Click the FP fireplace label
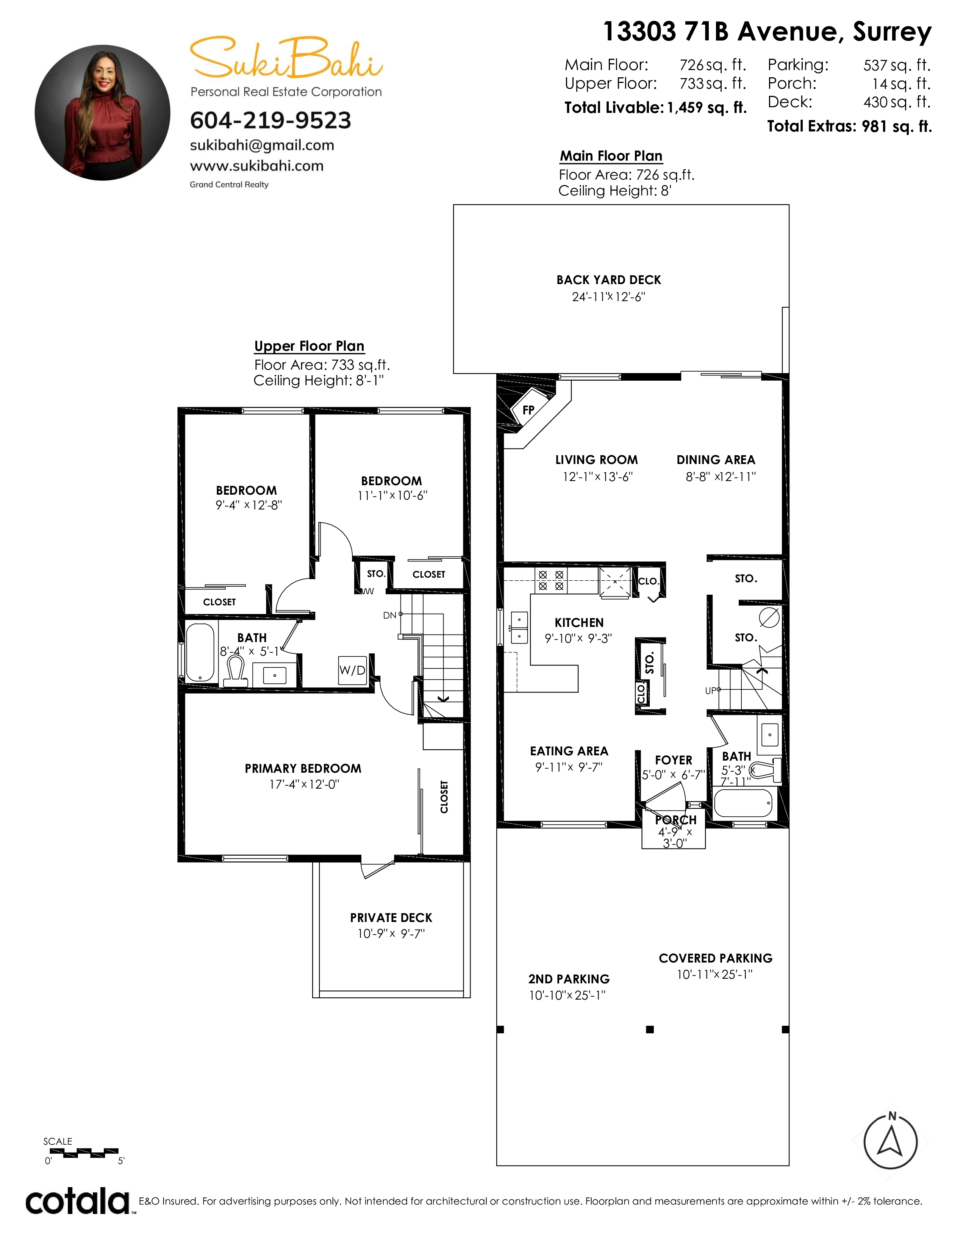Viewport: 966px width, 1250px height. [528, 410]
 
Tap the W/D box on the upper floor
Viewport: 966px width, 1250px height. [353, 670]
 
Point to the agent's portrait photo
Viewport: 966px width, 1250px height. [102, 113]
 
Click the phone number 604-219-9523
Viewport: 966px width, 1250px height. [270, 120]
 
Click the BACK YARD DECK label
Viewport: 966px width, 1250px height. [608, 280]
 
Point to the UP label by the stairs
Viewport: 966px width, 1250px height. [711, 691]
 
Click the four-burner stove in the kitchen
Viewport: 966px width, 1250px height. [550, 580]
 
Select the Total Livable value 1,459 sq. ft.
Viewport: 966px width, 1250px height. [707, 108]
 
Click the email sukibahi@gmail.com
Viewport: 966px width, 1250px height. [262, 145]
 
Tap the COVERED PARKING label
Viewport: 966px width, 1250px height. [715, 958]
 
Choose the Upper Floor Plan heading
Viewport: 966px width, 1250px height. [309, 346]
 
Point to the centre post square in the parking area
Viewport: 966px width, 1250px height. [650, 1030]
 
